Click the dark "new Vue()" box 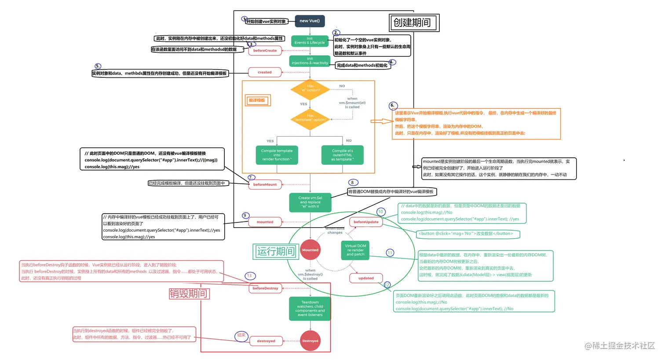tap(310, 21)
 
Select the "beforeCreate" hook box tap(265, 51)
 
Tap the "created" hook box tap(265, 73)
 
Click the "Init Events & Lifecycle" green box tap(310, 41)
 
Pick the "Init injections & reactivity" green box tap(310, 61)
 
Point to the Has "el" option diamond tap(310, 89)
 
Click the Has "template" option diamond tap(310, 119)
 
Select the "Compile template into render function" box tap(277, 155)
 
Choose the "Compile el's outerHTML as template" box tap(342, 155)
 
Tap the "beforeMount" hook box tap(265, 185)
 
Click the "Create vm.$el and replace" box tap(310, 202)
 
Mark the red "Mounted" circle tap(310, 250)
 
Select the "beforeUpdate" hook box tap(366, 222)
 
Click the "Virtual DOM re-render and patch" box tap(355, 250)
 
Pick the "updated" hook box tap(366, 278)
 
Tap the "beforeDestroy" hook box tap(265, 288)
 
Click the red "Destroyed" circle tap(310, 341)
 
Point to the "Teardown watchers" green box tap(310, 309)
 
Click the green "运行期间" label tap(276, 251)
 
